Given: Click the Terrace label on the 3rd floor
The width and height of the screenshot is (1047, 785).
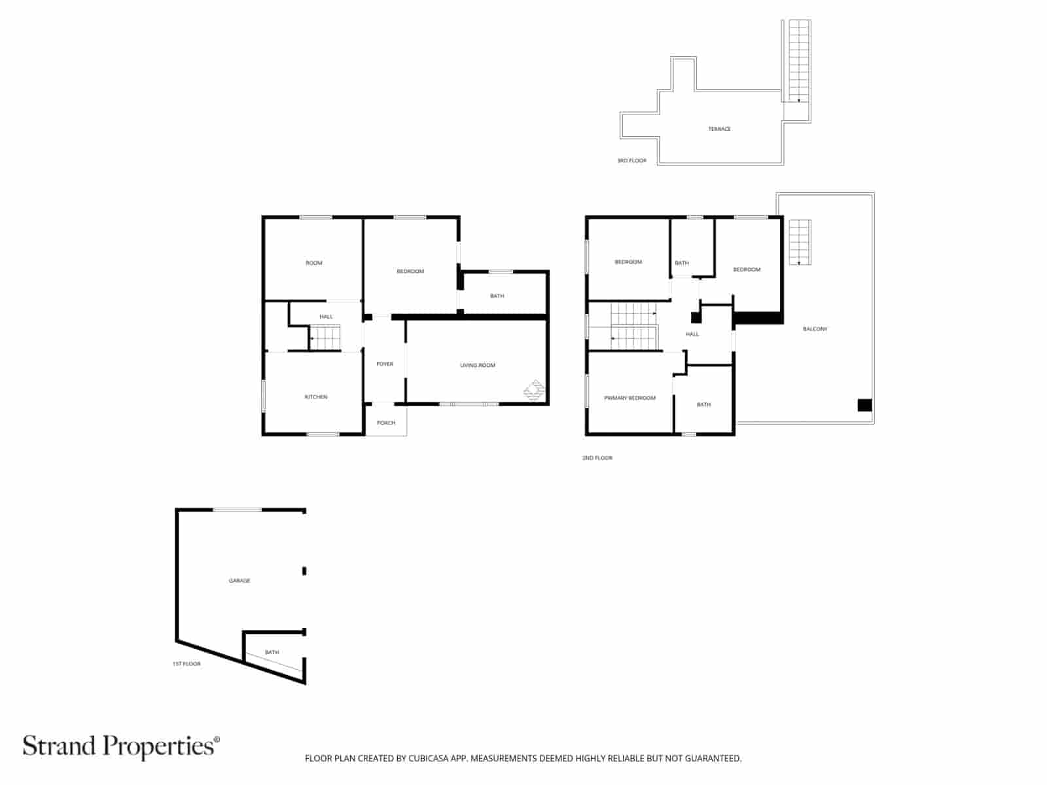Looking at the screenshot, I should coord(719,129).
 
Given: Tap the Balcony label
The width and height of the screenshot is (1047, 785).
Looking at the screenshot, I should coord(815,329).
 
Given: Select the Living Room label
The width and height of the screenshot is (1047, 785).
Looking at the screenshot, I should coord(478,365).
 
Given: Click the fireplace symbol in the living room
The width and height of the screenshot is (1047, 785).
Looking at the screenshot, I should coord(534,390).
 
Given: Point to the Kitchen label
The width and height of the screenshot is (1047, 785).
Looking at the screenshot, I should coord(315,397).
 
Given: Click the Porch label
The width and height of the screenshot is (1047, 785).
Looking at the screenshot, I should coord(386,423).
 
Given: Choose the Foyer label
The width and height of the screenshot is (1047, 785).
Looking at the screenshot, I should coord(385,364).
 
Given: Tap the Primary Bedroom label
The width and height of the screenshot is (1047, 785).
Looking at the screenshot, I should coord(630,398).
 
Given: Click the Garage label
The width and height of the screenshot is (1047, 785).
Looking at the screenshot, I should coord(239,581).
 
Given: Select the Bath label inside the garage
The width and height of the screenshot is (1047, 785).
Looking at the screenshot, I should coord(272,652).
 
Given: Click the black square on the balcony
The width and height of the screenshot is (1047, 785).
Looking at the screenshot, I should coord(864,405).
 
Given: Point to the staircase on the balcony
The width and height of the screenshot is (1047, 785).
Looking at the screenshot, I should coord(799,242).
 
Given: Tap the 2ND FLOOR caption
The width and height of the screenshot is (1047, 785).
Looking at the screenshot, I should coord(597,458).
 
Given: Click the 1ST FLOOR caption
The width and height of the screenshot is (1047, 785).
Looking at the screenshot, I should coord(186,664).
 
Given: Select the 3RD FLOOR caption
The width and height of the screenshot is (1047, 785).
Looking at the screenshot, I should coord(631,161).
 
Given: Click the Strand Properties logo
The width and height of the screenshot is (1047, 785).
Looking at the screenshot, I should coord(121,746).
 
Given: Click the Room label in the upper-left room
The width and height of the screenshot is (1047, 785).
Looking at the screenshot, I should coord(314,263).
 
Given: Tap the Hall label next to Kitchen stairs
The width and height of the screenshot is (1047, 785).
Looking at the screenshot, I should coord(326,317).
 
